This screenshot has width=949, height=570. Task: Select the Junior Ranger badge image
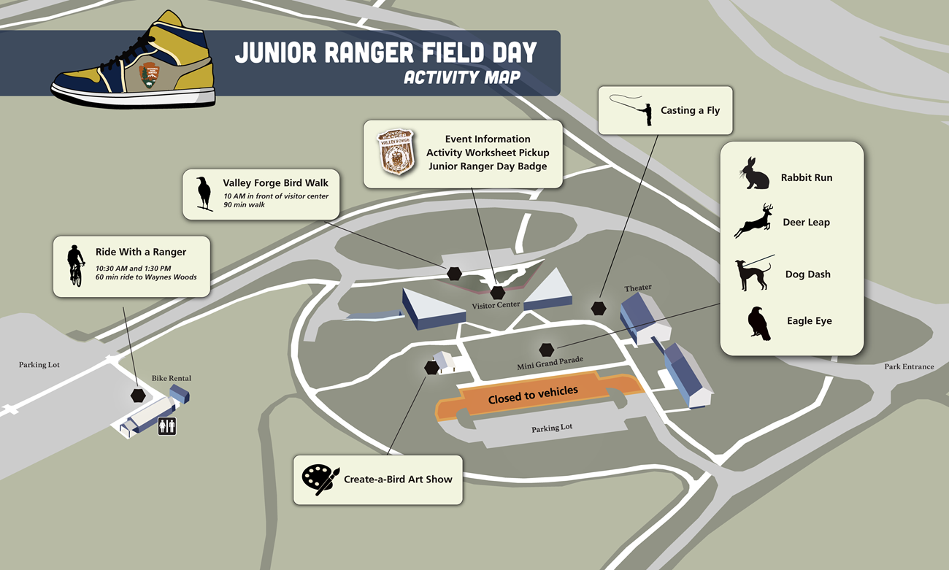click(x=396, y=152)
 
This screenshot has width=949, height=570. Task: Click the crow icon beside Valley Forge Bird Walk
click(x=204, y=193)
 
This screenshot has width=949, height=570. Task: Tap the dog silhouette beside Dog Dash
click(x=753, y=274)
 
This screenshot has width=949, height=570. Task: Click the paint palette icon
click(x=320, y=479)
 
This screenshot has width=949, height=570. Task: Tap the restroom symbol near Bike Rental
click(x=167, y=426)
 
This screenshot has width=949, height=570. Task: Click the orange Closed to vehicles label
click(x=533, y=396)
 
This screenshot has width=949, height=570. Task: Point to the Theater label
click(x=637, y=288)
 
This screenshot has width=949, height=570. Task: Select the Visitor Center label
click(x=496, y=305)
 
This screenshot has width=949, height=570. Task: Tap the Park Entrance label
click(x=909, y=366)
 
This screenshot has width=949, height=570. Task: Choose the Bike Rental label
click(x=171, y=378)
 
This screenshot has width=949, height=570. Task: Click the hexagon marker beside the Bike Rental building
click(x=137, y=395)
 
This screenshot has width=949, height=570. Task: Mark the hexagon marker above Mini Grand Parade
click(x=547, y=350)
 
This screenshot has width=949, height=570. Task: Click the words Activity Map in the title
click(x=462, y=77)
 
